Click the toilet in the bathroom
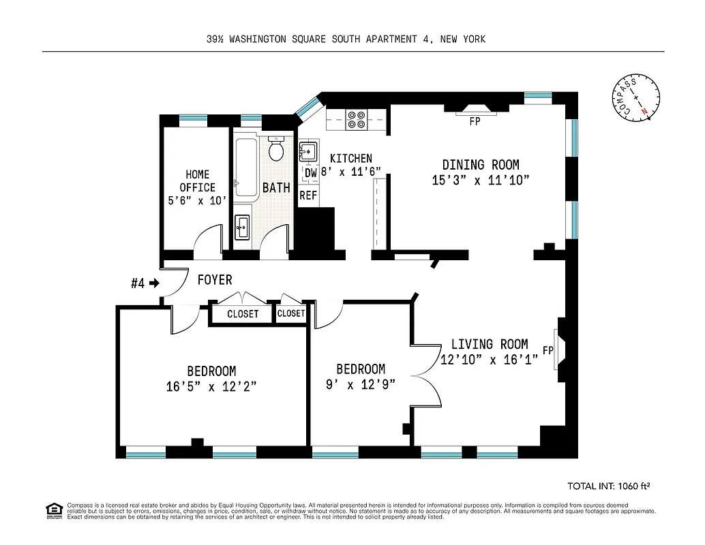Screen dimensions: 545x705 276,150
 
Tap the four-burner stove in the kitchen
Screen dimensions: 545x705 356,119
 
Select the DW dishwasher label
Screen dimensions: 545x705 310,173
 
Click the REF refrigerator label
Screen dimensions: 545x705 309,195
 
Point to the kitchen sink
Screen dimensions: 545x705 309,151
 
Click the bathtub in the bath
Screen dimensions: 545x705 245,168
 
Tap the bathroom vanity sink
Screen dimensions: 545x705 242,227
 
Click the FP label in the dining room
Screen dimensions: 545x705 475,123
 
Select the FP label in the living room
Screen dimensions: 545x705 547,351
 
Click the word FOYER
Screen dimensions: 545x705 215,280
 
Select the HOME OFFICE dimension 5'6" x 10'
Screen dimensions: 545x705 197,201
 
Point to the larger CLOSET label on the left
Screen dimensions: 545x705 243,314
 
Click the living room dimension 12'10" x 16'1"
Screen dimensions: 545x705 490,360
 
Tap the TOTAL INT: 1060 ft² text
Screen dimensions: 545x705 608,486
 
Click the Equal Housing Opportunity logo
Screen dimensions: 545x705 53,510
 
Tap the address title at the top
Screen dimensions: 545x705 346,40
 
